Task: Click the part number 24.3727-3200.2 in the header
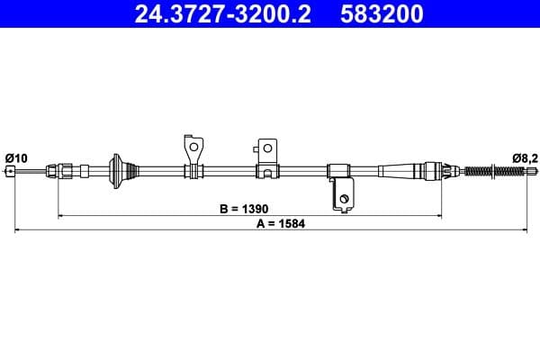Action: click(223, 13)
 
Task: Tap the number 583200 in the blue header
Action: click(382, 13)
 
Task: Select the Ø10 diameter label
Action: click(16, 158)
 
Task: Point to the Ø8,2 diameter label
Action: click(525, 158)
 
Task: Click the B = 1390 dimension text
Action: click(244, 209)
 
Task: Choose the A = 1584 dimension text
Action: click(281, 223)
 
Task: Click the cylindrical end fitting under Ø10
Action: click(10, 171)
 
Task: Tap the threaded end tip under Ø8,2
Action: click(531, 170)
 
